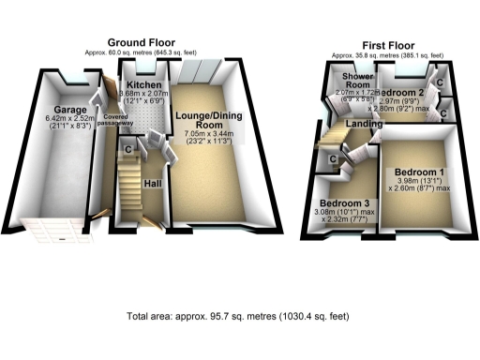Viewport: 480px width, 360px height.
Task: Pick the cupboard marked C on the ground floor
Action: point(128,148)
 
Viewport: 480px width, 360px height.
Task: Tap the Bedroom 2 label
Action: point(408,93)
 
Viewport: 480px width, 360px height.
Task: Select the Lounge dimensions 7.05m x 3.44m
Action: point(209,135)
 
